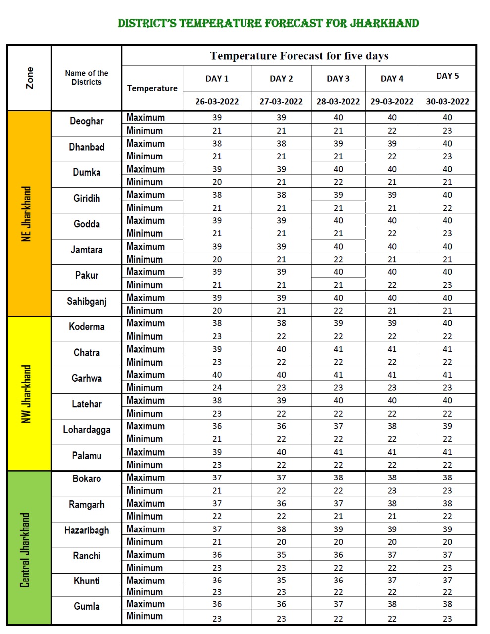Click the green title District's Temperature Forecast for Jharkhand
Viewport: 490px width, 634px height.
268,23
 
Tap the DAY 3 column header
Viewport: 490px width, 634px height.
338,79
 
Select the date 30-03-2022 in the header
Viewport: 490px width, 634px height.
447,102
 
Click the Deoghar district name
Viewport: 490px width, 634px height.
87,121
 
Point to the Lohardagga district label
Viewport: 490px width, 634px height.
87,430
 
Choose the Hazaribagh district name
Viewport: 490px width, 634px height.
87,530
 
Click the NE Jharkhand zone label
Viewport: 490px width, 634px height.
27,214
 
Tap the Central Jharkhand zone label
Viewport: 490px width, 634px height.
25,550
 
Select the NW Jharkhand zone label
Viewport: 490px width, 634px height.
27,394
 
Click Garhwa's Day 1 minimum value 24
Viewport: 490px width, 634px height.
217,388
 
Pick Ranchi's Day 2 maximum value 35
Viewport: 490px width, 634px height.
281,555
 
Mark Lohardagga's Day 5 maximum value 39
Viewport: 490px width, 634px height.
447,426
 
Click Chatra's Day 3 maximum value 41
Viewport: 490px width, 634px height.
338,349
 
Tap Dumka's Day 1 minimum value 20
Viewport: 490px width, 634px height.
217,182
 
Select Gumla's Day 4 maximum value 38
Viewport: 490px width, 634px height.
392,604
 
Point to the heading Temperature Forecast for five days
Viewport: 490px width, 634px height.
299,56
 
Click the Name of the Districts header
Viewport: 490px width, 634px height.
87,78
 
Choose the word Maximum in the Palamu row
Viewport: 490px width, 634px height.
146,452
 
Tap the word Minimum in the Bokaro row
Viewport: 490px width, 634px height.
145,491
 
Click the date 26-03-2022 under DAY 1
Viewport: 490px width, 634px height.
217,102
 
